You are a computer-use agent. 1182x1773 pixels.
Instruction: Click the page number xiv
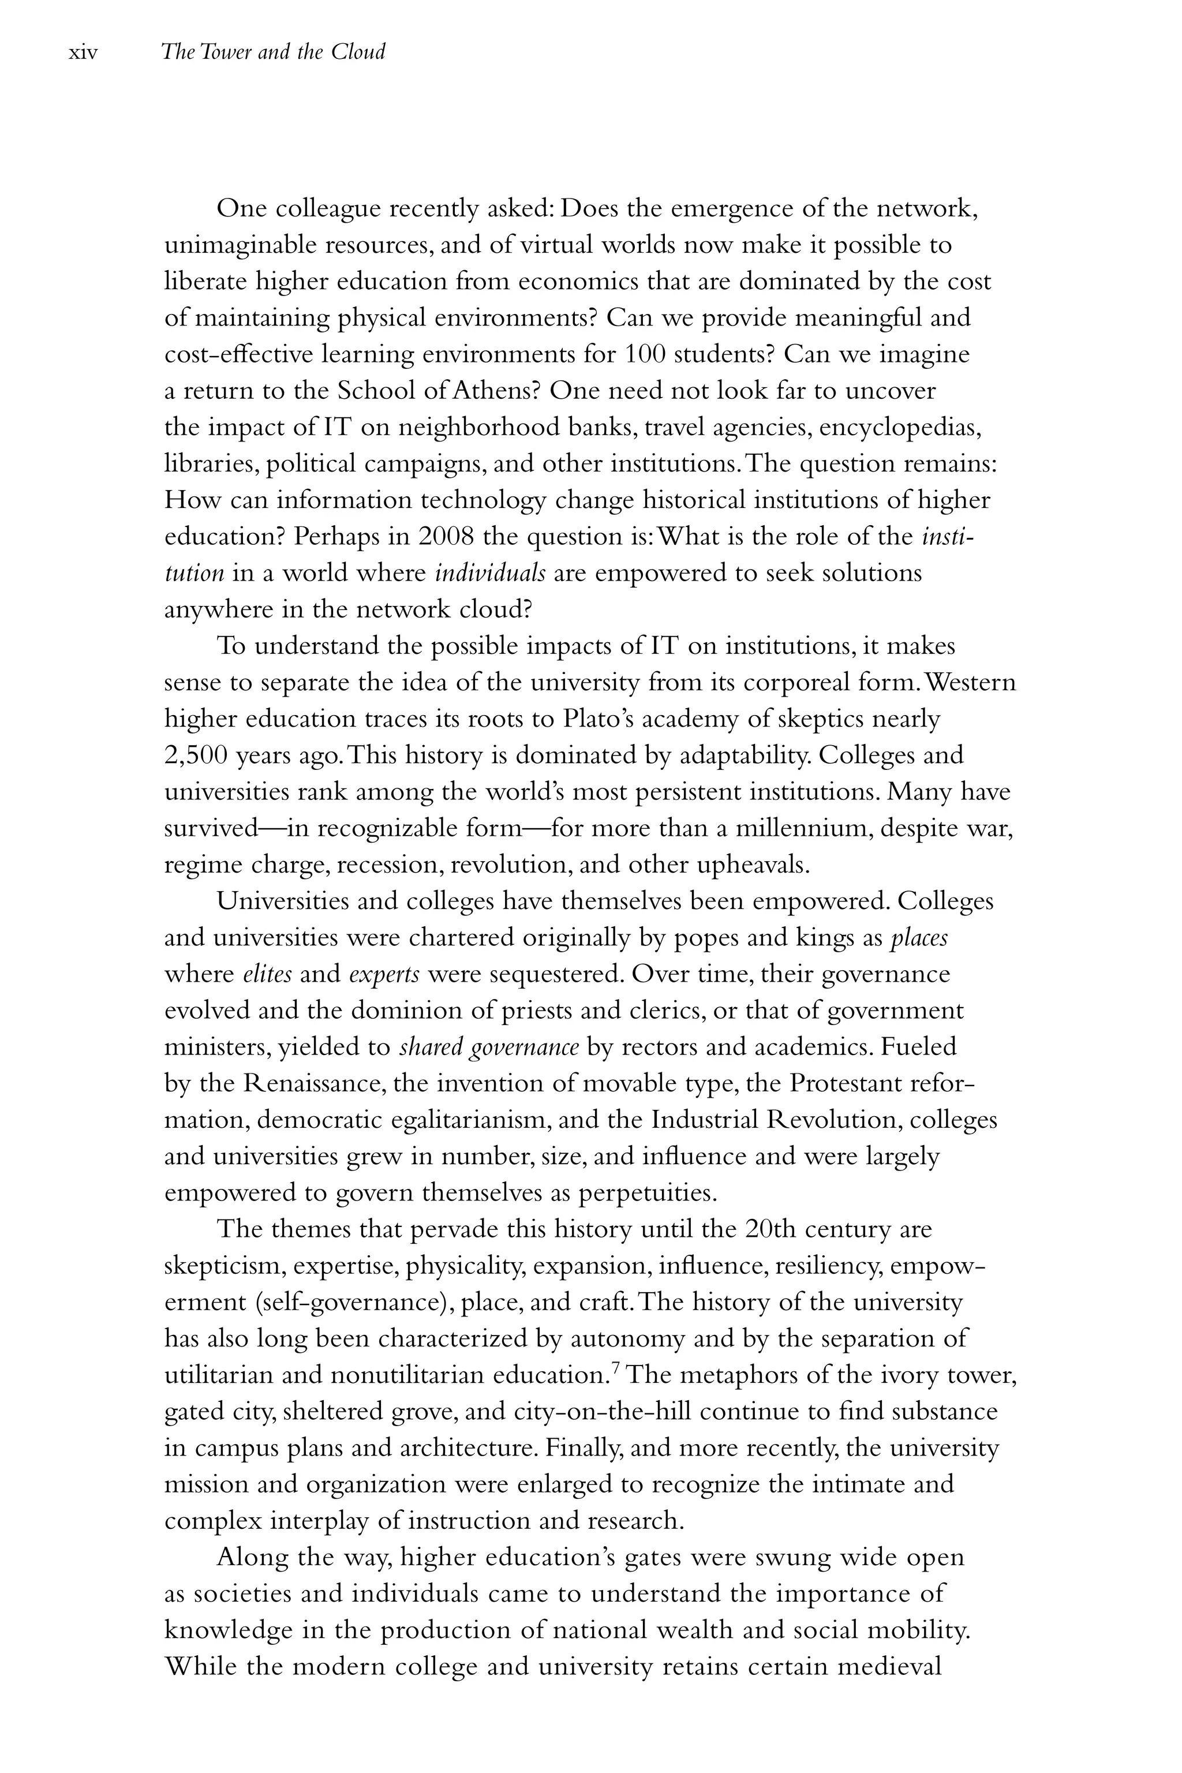pos(83,53)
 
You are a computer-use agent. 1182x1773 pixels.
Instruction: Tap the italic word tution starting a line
pos(194,573)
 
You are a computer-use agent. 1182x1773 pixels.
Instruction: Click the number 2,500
pos(195,755)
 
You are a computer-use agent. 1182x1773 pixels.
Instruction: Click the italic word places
pos(919,938)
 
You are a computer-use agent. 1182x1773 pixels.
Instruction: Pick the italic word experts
pos(384,975)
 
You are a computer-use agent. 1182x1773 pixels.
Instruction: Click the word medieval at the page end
pos(889,1666)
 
